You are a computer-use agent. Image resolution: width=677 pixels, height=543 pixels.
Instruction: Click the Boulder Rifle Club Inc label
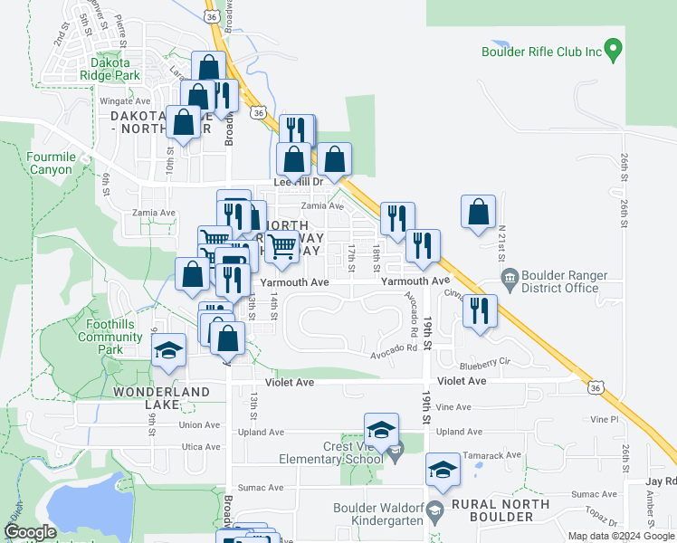coord(541,52)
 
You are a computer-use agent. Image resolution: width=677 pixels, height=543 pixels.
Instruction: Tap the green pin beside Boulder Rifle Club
coord(614,49)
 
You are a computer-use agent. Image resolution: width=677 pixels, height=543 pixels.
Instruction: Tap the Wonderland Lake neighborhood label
coord(162,398)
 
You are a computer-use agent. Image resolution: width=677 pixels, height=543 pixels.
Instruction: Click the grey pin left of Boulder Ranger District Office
coord(508,276)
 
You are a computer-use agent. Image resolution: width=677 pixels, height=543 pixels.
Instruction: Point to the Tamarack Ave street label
coord(501,455)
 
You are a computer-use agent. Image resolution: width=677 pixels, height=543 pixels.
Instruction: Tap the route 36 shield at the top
coord(212,15)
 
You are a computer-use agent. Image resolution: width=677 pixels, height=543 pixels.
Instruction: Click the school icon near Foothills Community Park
coord(168,350)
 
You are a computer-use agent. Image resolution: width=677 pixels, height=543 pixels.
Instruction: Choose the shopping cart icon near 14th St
coord(282,245)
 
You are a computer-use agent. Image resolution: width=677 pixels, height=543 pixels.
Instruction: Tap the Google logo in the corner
coord(31,532)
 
